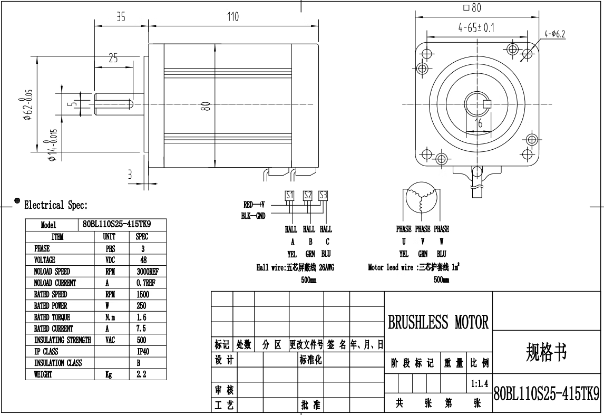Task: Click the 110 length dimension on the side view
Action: pyautogui.click(x=232, y=17)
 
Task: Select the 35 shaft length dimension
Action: pyautogui.click(x=121, y=17)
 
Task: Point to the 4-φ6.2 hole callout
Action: pyautogui.click(x=555, y=34)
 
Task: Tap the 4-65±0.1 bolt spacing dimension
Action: pyautogui.click(x=476, y=28)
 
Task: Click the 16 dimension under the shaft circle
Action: pyautogui.click(x=478, y=123)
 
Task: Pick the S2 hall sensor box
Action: pyautogui.click(x=308, y=195)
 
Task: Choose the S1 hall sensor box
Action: pyautogui.click(x=289, y=195)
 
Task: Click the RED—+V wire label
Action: pyautogui.click(x=254, y=204)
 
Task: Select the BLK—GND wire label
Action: pyautogui.click(x=254, y=216)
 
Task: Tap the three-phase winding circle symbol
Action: pyautogui.click(x=421, y=196)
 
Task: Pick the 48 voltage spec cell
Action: pyautogui.click(x=143, y=260)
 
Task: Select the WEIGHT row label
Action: pyautogui.click(x=44, y=374)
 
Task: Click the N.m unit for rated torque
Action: pyautogui.click(x=111, y=317)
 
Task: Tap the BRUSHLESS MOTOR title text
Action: pyautogui.click(x=438, y=322)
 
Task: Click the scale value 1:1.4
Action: pyautogui.click(x=479, y=384)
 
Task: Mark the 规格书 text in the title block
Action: pyautogui.click(x=547, y=352)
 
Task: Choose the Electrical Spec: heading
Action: pyautogui.click(x=56, y=205)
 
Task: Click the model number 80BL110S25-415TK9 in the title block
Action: pyautogui.click(x=547, y=393)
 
